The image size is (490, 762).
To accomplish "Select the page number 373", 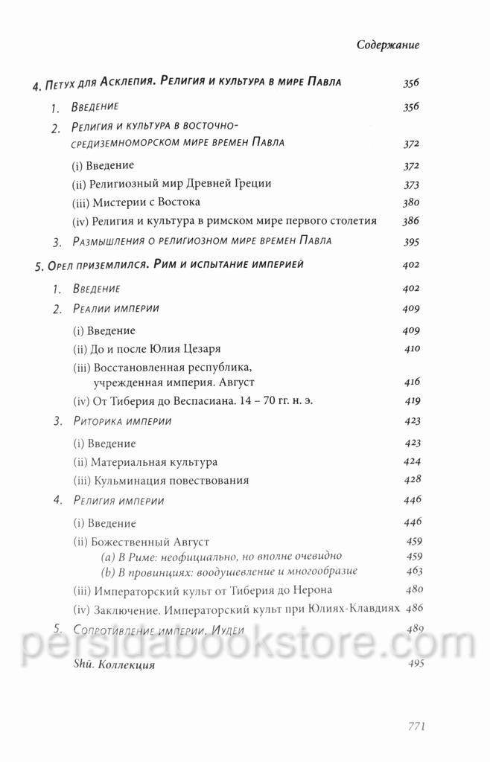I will click(411, 184).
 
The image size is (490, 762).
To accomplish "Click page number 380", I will click(411, 202).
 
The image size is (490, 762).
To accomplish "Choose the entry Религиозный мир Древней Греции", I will click(171, 184).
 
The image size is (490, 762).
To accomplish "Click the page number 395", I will click(411, 242).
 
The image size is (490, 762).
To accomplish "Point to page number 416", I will click(412, 381).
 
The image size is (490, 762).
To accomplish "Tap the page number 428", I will click(412, 480).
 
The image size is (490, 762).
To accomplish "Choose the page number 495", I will click(413, 664).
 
